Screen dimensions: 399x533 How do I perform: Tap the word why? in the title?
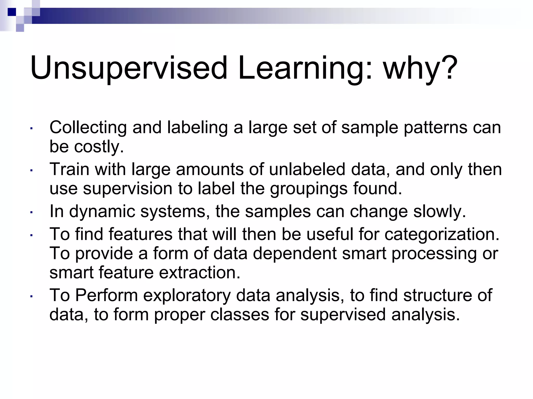pyautogui.click(x=420, y=68)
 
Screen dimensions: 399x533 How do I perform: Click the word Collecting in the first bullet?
pyautogui.click(x=88, y=128)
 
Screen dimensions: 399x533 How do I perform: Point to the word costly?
pyautogui.click(x=99, y=147)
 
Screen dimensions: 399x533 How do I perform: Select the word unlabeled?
pyautogui.click(x=307, y=169)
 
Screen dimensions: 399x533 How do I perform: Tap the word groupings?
pyautogui.click(x=309, y=189)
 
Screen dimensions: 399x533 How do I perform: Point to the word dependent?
pyautogui.click(x=295, y=254)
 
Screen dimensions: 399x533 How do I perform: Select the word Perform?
pyautogui.click(x=106, y=296)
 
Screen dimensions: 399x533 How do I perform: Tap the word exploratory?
pyautogui.click(x=187, y=296)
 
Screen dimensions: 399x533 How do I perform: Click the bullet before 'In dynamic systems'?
pyautogui.click(x=31, y=212)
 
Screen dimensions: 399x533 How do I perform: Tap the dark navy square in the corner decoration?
pyautogui.click(x=12, y=12)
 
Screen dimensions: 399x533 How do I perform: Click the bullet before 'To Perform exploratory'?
pyautogui.click(x=31, y=296)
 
